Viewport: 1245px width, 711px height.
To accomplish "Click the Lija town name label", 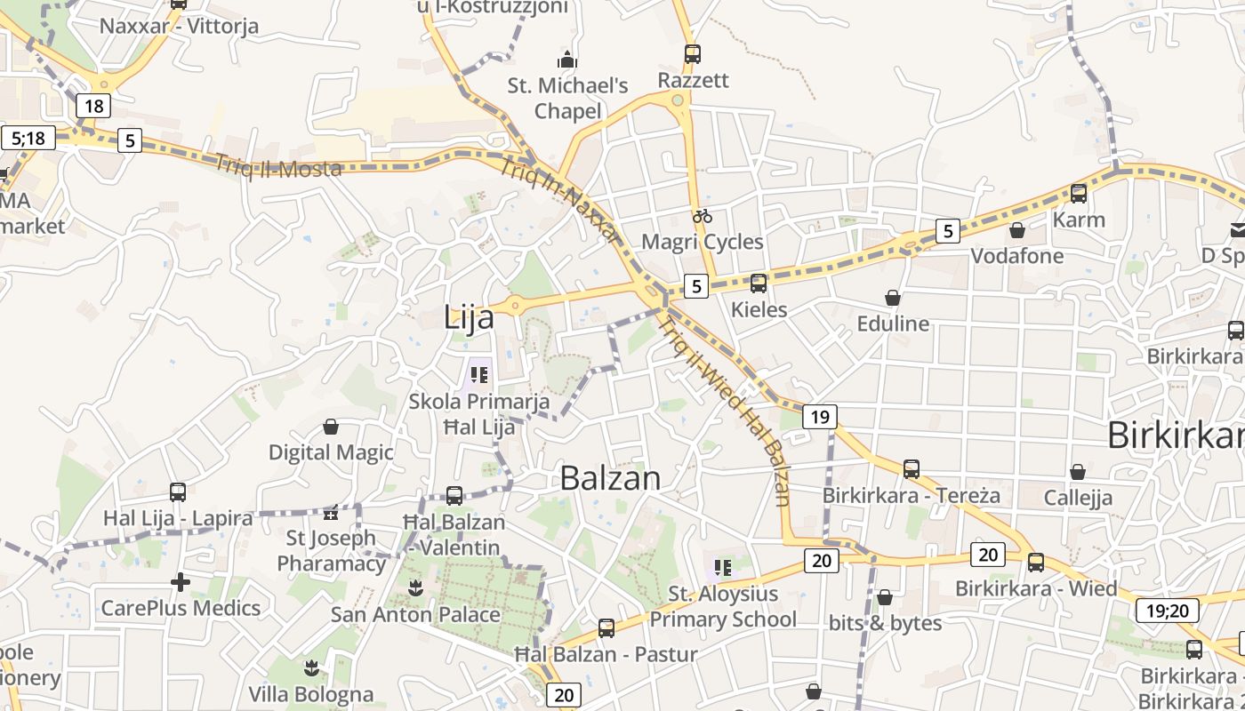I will pyautogui.click(x=469, y=317).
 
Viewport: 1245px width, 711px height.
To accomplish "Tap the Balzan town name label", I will pyautogui.click(x=610, y=478).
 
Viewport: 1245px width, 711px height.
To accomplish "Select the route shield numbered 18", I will pyautogui.click(x=93, y=107).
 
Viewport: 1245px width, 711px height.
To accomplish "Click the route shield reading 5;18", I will pyautogui.click(x=28, y=138).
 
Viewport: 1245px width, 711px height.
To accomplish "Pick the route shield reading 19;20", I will pyautogui.click(x=1167, y=611).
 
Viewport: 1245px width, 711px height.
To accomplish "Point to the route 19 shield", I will pyautogui.click(x=820, y=416).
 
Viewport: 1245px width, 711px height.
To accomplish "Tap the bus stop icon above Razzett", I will pyautogui.click(x=693, y=53).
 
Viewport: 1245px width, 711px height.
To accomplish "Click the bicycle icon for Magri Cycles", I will pyautogui.click(x=703, y=215).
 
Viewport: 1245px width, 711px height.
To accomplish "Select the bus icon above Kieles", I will pyautogui.click(x=759, y=284).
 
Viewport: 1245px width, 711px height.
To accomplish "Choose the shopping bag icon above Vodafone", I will pyautogui.click(x=1017, y=230).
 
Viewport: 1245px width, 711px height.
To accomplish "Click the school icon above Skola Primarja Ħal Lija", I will pyautogui.click(x=479, y=375).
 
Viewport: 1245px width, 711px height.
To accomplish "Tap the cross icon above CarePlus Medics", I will pyautogui.click(x=181, y=582).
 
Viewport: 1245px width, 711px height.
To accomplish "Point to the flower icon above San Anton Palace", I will pyautogui.click(x=414, y=587).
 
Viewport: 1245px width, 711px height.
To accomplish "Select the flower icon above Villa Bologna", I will pyautogui.click(x=310, y=667).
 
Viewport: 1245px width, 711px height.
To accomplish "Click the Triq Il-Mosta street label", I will pyautogui.click(x=278, y=166).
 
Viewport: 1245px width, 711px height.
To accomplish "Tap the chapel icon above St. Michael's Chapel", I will pyautogui.click(x=566, y=60).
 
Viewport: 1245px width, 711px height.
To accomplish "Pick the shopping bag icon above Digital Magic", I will pyautogui.click(x=331, y=427).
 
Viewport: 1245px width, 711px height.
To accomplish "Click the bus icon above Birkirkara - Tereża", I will pyautogui.click(x=912, y=468).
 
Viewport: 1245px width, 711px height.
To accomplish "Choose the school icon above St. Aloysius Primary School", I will pyautogui.click(x=723, y=566).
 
